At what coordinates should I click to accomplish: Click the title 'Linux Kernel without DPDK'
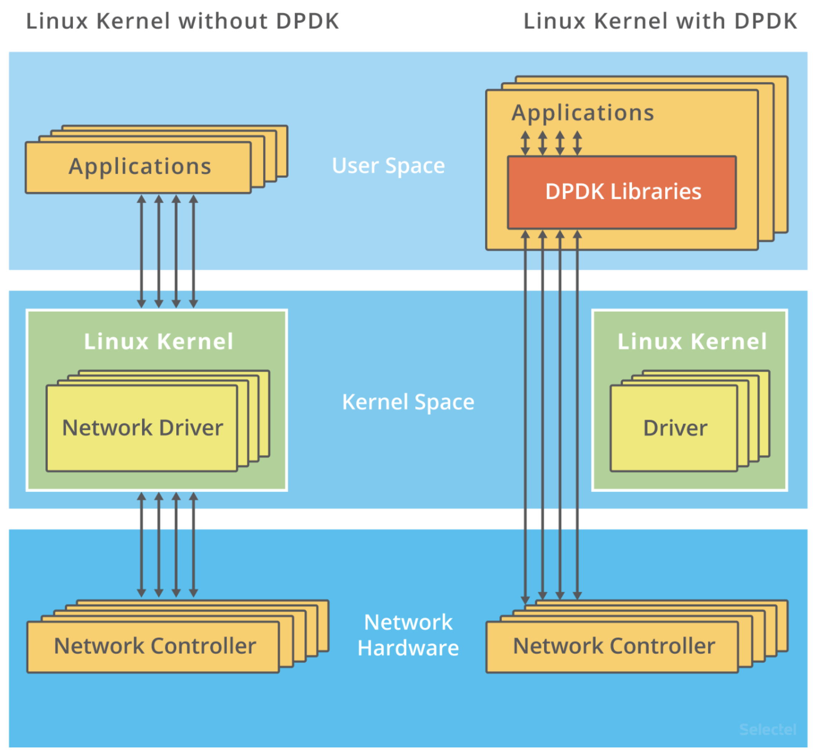coord(182,21)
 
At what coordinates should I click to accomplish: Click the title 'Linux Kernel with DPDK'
coord(660,21)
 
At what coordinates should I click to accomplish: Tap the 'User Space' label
coord(388,166)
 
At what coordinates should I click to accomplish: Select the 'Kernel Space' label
coord(408,402)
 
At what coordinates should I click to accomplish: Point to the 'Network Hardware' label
coord(408,635)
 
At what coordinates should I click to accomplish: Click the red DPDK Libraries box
coord(622,192)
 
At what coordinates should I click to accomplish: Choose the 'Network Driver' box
coord(142,428)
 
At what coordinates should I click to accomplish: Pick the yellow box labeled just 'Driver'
coord(675,428)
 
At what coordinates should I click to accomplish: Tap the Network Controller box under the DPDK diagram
coord(613,647)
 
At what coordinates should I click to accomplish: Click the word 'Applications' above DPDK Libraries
coord(582,113)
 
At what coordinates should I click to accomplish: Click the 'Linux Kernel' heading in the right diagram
coord(691,342)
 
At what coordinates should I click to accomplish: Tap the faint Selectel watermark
coord(768,730)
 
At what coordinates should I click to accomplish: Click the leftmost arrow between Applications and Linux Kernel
coord(142,251)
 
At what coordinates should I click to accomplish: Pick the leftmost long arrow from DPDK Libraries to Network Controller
coord(525,417)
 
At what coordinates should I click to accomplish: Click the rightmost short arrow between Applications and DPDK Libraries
coord(577,143)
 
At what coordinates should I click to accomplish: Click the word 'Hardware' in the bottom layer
coord(408,648)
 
